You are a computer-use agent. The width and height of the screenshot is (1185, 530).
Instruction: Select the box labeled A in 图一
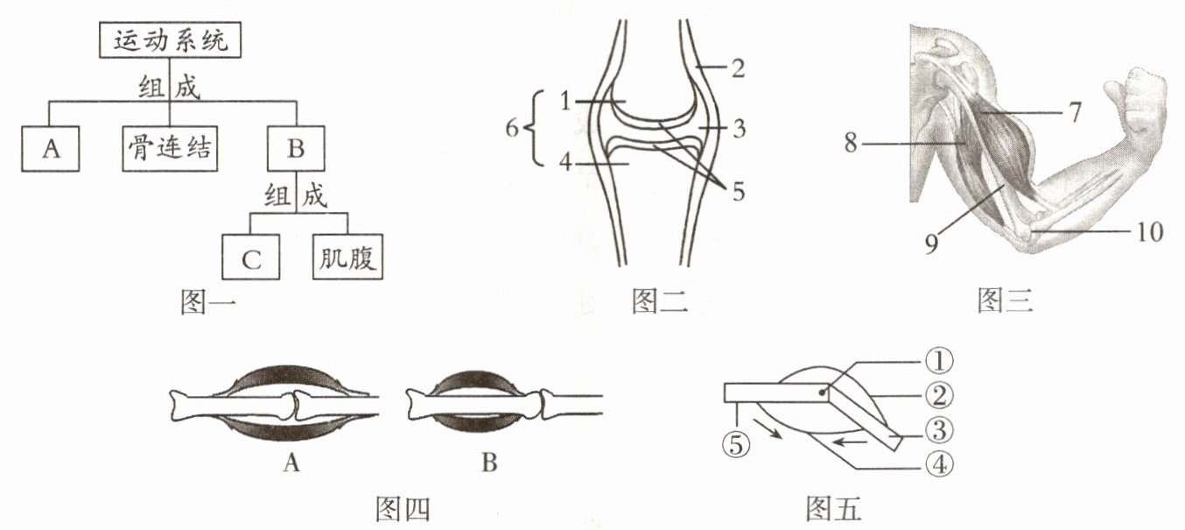[51, 148]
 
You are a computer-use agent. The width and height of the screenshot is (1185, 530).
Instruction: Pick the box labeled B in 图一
[296, 148]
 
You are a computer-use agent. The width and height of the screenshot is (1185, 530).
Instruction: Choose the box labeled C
[249, 258]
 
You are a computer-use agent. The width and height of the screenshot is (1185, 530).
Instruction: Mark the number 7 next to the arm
[1075, 112]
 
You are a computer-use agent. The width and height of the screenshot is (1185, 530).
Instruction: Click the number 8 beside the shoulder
[853, 140]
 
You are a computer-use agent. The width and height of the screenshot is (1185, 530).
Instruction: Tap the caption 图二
[659, 302]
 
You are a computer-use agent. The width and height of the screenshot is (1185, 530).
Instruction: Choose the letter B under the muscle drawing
[489, 463]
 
